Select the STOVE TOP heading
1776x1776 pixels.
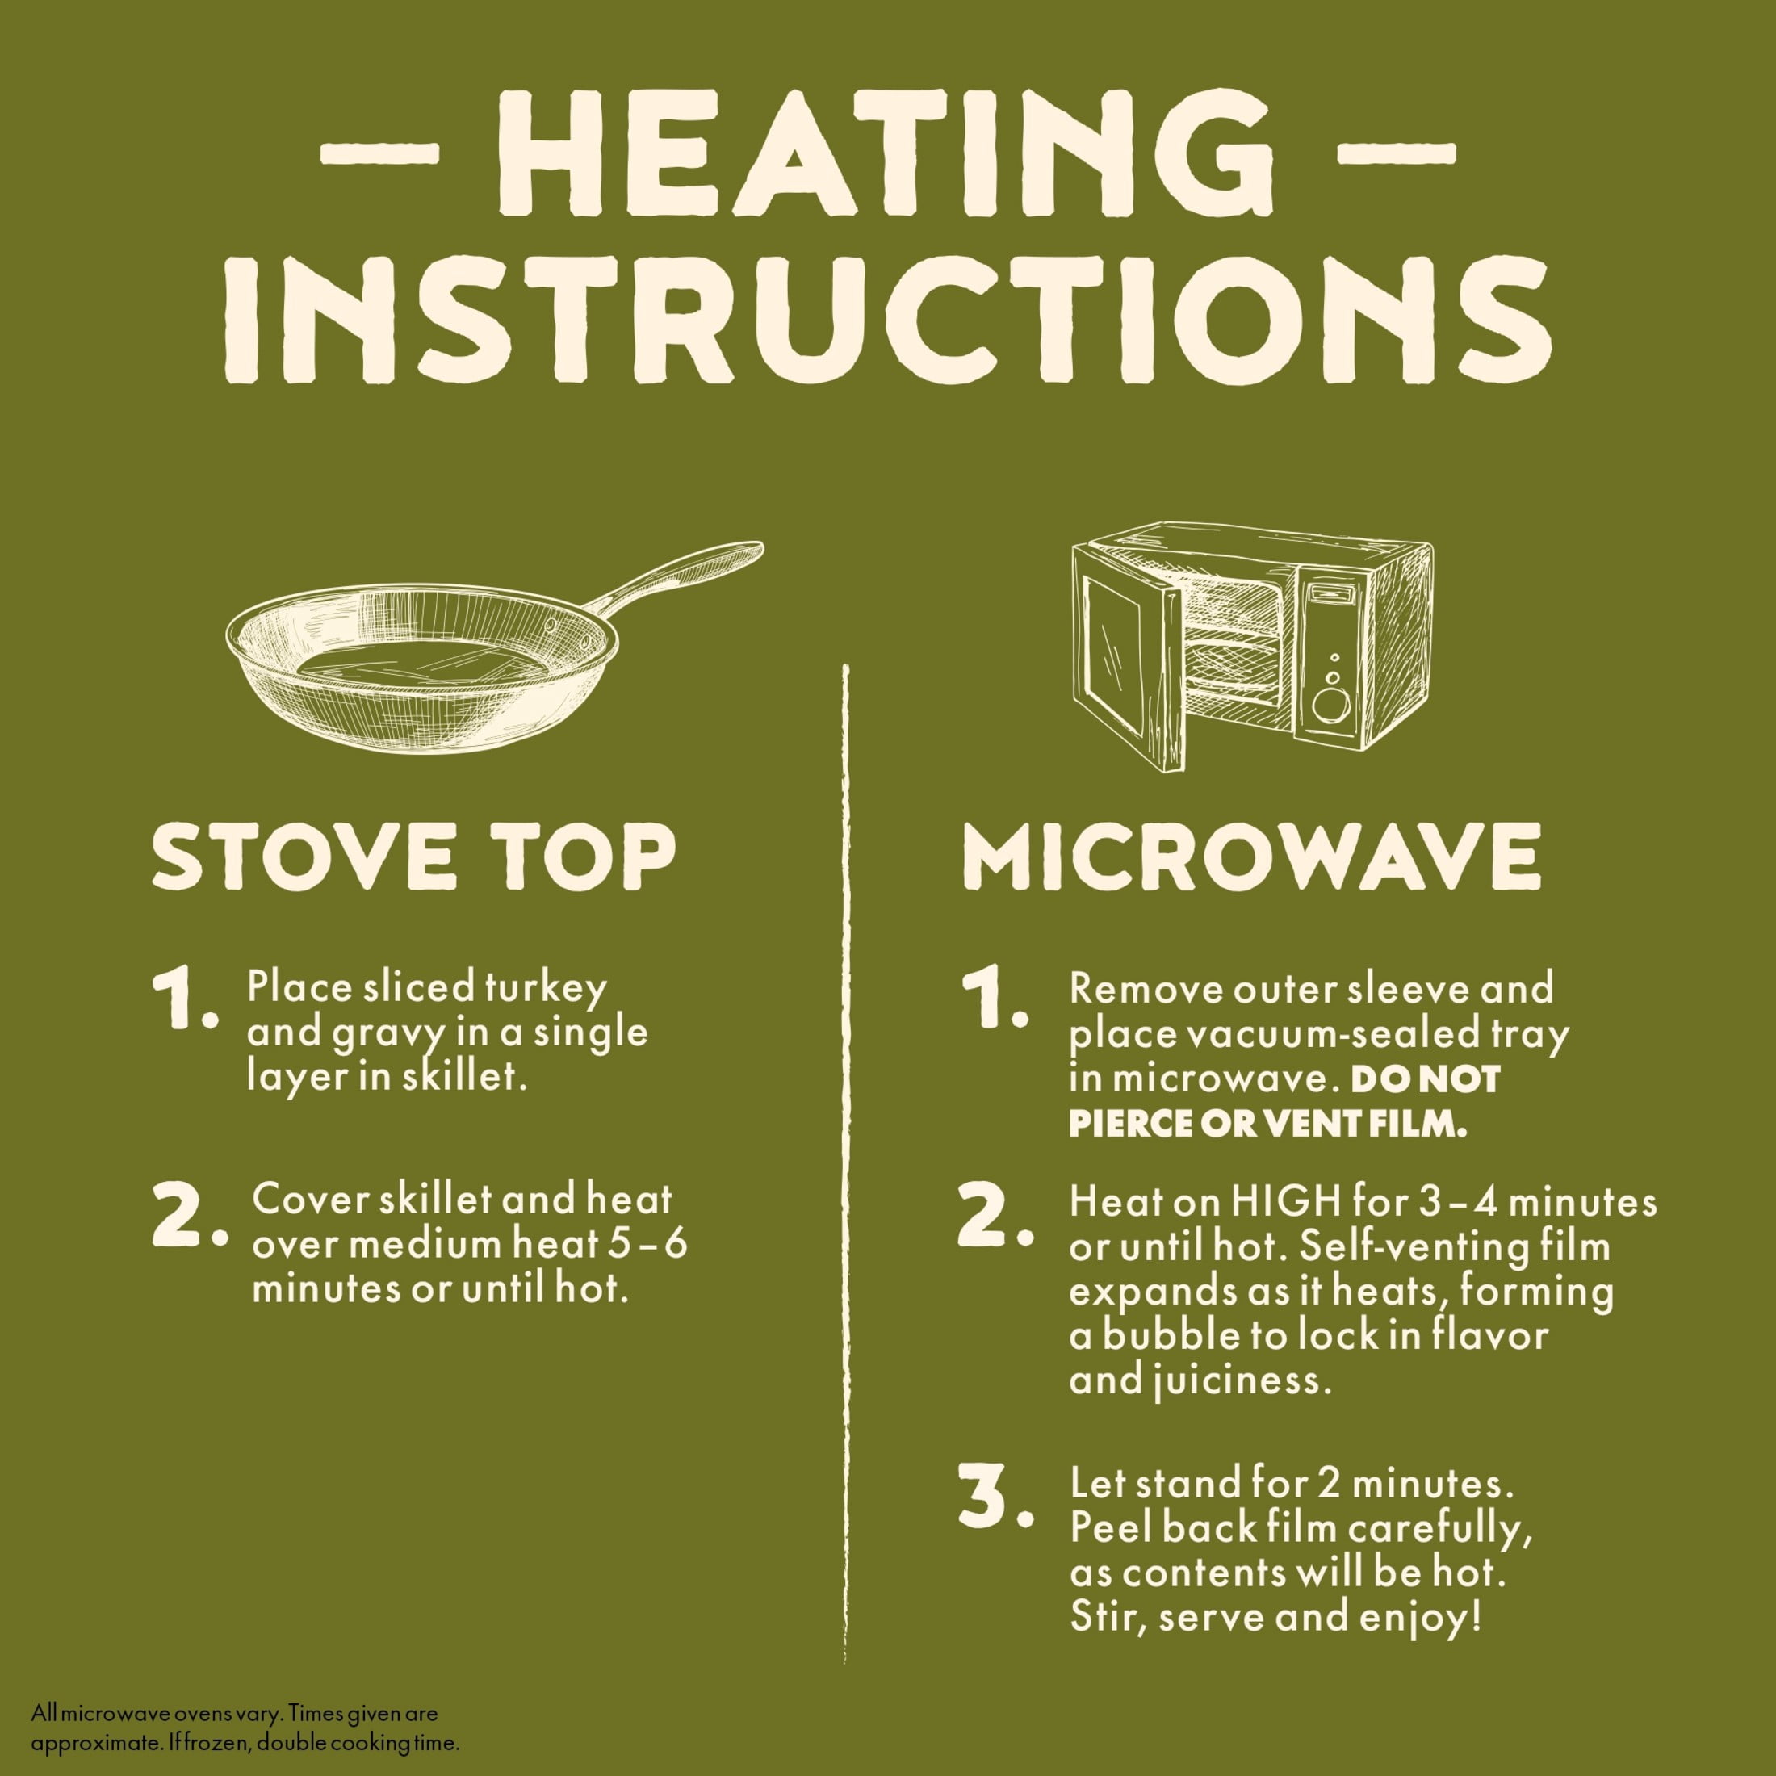coord(413,856)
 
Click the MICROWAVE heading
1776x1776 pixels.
coord(1251,856)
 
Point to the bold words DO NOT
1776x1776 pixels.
coord(1425,1079)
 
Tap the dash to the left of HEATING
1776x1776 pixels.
coord(379,153)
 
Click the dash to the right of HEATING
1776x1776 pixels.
coord(1396,153)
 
